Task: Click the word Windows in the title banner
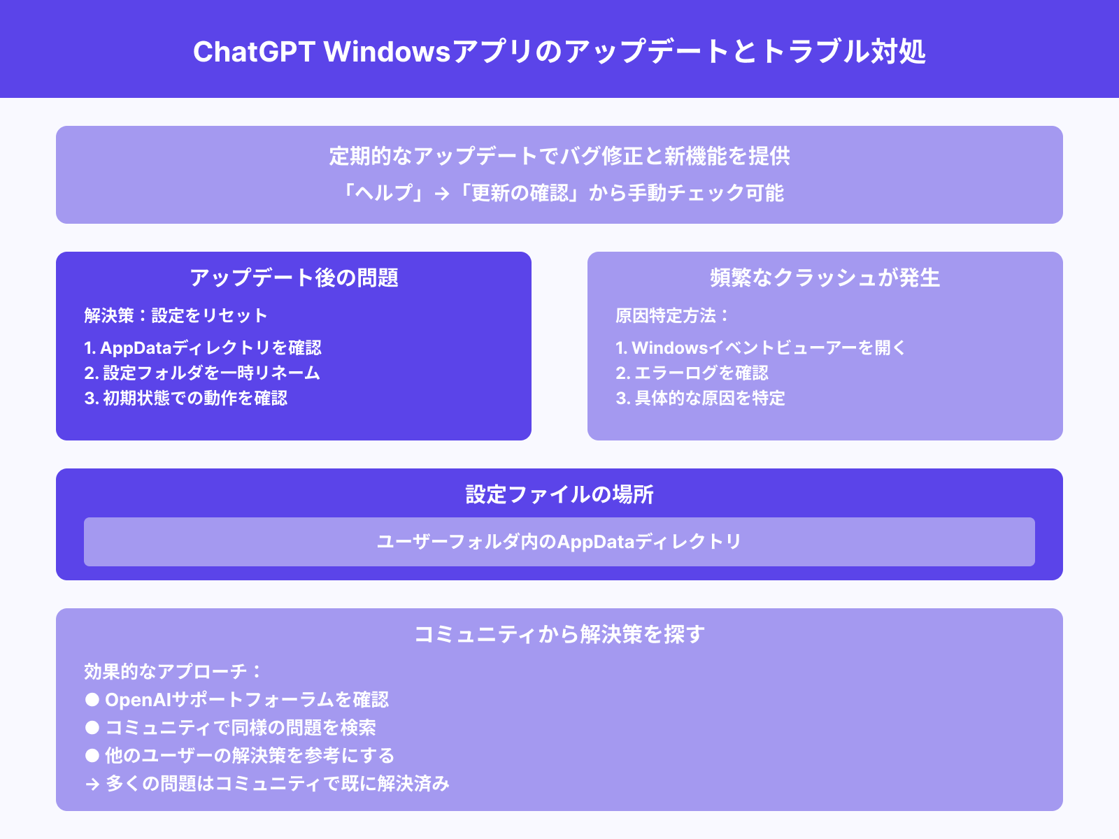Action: tap(387, 52)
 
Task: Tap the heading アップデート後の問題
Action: tap(294, 278)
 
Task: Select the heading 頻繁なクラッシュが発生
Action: tap(825, 278)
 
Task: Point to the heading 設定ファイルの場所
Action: tap(559, 494)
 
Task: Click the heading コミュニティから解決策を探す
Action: tap(559, 634)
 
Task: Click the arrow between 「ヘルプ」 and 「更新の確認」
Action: tap(442, 194)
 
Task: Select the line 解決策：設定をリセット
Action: tap(176, 315)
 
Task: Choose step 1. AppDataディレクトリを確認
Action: tap(203, 347)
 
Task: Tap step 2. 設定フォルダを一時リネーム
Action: tap(202, 373)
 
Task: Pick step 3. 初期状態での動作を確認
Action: tap(186, 398)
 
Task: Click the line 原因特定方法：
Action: tap(672, 315)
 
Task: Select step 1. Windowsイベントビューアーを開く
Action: tap(760, 347)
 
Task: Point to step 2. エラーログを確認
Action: tap(692, 373)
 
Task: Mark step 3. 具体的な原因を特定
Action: tap(700, 398)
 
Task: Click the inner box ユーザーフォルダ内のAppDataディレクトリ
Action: tap(559, 542)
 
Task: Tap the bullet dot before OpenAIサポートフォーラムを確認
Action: tap(92, 699)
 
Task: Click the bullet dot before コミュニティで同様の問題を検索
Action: tap(92, 727)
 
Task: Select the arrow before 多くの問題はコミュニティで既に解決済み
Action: tap(92, 784)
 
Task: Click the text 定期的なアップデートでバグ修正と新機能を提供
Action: tap(559, 156)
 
